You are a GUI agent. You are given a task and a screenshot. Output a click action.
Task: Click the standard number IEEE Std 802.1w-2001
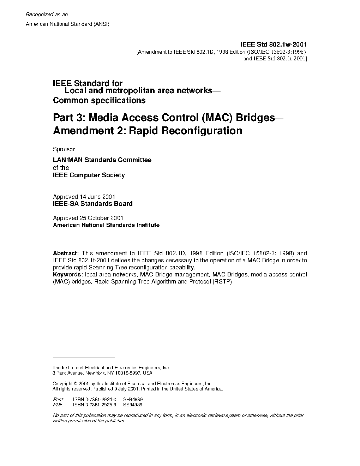(273, 44)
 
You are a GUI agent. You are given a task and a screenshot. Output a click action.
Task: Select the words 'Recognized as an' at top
(47, 14)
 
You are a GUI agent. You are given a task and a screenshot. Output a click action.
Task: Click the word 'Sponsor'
(64, 149)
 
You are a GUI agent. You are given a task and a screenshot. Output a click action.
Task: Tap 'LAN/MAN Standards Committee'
(102, 160)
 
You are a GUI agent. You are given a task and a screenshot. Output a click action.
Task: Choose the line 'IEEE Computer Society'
(89, 175)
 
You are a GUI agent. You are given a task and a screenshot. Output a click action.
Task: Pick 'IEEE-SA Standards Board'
(92, 204)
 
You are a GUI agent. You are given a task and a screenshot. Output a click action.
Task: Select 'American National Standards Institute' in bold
(106, 225)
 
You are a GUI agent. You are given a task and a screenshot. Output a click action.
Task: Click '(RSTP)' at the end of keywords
(222, 281)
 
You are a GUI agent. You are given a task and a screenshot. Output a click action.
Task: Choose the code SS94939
(133, 405)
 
